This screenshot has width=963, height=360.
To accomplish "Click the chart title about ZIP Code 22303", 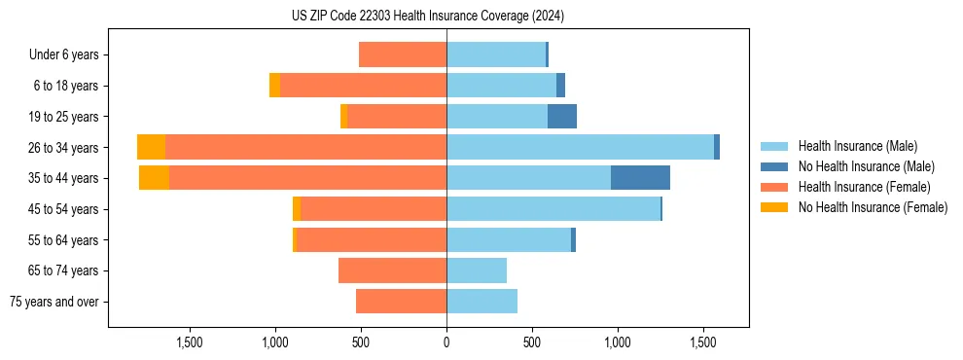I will click(x=428, y=17).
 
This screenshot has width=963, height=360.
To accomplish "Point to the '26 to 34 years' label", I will click(x=64, y=148).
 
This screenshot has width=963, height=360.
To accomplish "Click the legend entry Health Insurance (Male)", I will click(x=857, y=146).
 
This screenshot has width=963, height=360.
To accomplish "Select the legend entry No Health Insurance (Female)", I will click(x=872, y=207).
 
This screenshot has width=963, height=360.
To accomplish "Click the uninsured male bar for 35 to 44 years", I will click(x=640, y=178).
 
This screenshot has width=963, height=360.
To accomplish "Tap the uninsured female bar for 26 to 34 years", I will click(x=151, y=147).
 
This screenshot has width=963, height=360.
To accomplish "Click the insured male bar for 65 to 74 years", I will click(x=477, y=270).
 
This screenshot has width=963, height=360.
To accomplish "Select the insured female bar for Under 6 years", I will click(x=403, y=54).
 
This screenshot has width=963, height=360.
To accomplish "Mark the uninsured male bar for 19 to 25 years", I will click(x=562, y=117).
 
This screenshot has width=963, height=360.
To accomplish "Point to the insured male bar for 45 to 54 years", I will click(x=553, y=209).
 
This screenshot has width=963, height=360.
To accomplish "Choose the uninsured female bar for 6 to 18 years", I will click(x=274, y=86).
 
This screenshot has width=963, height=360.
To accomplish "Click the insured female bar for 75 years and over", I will click(x=401, y=302).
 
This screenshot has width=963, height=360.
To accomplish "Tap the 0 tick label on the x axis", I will click(x=446, y=342).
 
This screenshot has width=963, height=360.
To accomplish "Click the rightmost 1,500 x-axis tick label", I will click(x=703, y=342).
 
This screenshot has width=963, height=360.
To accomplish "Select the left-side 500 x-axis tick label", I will click(x=361, y=342).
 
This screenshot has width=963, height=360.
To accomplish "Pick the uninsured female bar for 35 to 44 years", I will click(x=154, y=178).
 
